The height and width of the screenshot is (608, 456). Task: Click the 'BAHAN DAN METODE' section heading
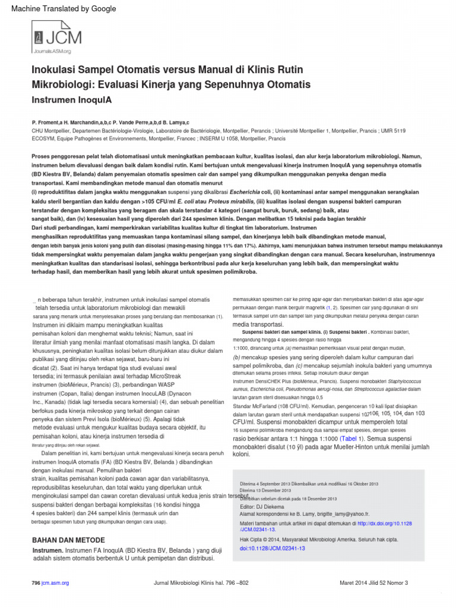coord(68,540)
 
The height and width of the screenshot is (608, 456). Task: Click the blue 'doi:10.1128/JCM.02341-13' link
coord(272,549)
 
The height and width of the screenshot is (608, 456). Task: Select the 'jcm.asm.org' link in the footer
coord(55,584)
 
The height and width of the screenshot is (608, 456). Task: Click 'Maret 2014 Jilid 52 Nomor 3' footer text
coord(373,584)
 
